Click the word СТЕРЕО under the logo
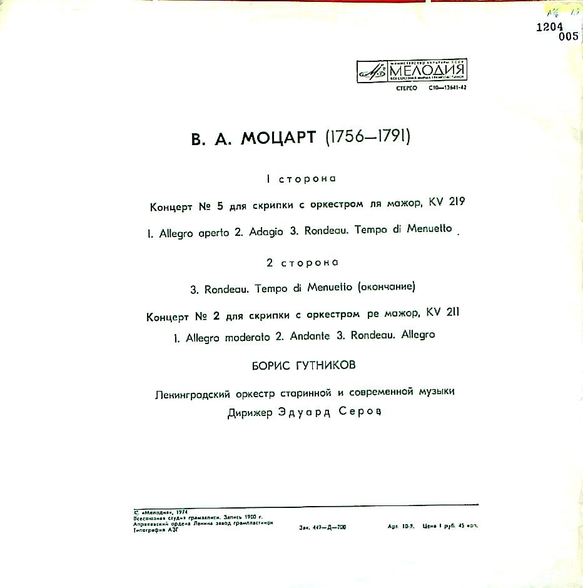click(x=406, y=88)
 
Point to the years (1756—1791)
click(x=367, y=137)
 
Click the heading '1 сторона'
click(x=301, y=180)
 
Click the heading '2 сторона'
click(x=302, y=263)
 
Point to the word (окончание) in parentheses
click(x=385, y=288)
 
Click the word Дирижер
click(x=250, y=413)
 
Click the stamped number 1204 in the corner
click(x=550, y=27)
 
